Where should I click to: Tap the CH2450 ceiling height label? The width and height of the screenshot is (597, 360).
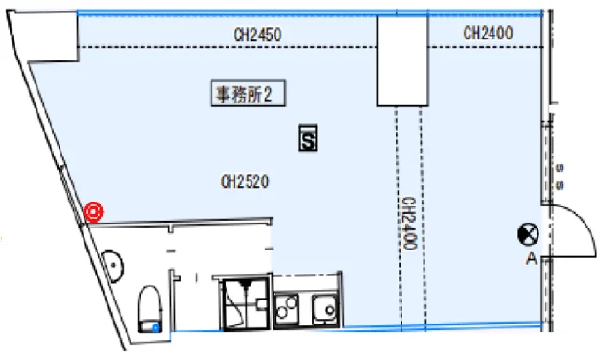258,35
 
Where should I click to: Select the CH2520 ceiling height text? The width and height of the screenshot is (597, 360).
245,181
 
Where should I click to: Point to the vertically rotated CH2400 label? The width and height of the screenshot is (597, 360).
409,224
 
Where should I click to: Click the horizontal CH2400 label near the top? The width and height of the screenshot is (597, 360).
488,34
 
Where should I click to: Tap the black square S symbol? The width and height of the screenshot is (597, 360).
308,137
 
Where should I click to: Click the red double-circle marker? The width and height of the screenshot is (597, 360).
94,212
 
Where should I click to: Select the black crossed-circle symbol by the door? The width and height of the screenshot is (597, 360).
528,234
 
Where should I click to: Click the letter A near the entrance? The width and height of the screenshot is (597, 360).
532,258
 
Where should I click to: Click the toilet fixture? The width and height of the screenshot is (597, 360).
150,309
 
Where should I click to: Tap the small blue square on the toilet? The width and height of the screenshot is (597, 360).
155,327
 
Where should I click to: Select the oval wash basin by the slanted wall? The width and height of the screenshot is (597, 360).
113,266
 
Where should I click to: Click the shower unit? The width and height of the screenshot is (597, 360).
246,303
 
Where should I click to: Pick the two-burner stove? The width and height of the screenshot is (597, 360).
286,308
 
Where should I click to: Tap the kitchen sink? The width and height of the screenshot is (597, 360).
324,308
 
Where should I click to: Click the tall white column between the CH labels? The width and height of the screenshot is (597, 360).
402,60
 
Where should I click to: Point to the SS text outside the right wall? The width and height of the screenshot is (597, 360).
560,177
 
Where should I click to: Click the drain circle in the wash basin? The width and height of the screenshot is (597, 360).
114,264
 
